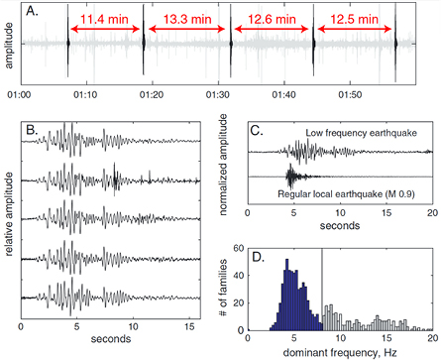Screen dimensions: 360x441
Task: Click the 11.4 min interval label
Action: tap(106, 19)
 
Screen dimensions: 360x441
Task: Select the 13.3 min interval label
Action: tap(188, 19)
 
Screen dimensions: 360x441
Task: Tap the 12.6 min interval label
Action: tap(273, 19)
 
